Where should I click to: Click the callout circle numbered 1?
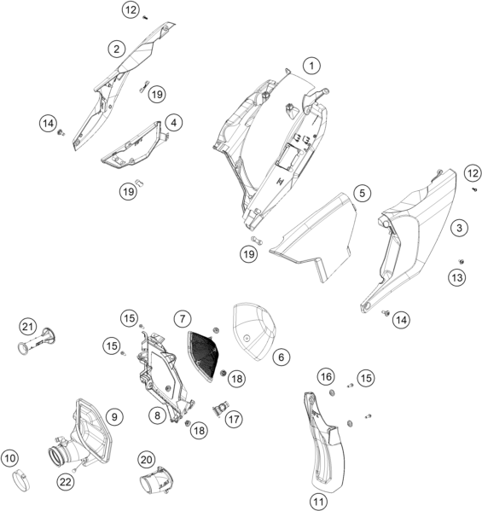[x=311, y=66]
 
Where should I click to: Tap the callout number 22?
[x=65, y=482]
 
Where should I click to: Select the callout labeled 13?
[x=457, y=277]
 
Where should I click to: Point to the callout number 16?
[x=326, y=377]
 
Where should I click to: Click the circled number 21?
[x=27, y=327]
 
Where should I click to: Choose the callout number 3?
[x=459, y=228]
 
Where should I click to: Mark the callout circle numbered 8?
[x=158, y=415]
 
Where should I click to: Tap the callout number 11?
[x=318, y=501]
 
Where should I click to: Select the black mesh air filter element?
[x=203, y=355]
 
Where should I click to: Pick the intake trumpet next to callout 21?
[x=37, y=341]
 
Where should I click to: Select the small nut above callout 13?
[x=462, y=261]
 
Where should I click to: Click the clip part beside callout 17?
[x=220, y=408]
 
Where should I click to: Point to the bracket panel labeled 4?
[x=134, y=147]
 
